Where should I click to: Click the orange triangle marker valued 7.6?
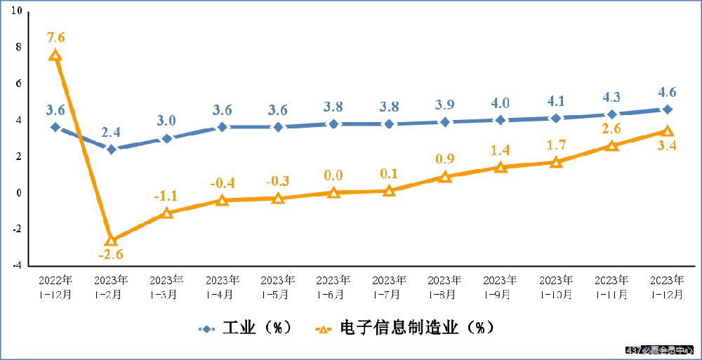coord(55,55)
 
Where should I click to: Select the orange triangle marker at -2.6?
coord(111,241)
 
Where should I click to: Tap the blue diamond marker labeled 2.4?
coord(111,149)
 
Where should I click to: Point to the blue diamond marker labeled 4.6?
coord(668,109)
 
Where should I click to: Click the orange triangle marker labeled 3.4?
coord(668,131)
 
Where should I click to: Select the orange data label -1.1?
coord(166,196)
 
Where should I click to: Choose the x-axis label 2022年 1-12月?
coord(55,287)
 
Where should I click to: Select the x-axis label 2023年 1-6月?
coord(333,287)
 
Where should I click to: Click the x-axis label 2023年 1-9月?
coord(501,287)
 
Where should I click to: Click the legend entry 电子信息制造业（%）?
coord(404,328)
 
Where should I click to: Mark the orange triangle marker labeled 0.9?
coord(445,177)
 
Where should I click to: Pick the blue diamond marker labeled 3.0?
coord(166,138)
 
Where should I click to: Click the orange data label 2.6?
coord(611,128)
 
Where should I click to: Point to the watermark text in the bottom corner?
coord(659,349)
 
